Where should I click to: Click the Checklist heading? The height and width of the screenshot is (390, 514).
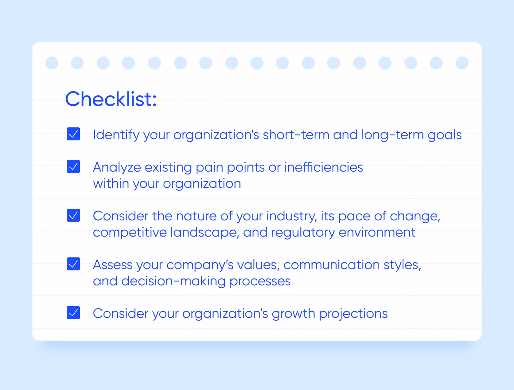111,99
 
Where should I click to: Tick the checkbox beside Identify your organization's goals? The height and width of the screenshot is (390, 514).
73,134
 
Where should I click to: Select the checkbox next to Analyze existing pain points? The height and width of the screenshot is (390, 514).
73,166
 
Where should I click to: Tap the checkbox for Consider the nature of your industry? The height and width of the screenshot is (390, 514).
73,215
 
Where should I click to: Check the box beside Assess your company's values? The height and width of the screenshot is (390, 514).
73,264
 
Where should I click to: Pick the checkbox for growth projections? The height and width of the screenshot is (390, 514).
73,313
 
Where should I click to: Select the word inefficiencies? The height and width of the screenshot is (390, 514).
324,167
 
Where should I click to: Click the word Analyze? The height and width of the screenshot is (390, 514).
117,167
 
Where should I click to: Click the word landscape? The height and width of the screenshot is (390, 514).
205,232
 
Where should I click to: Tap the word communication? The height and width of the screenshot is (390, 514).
331,265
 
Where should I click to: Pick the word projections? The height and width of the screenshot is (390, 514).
353,314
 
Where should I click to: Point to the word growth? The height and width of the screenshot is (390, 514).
293,314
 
